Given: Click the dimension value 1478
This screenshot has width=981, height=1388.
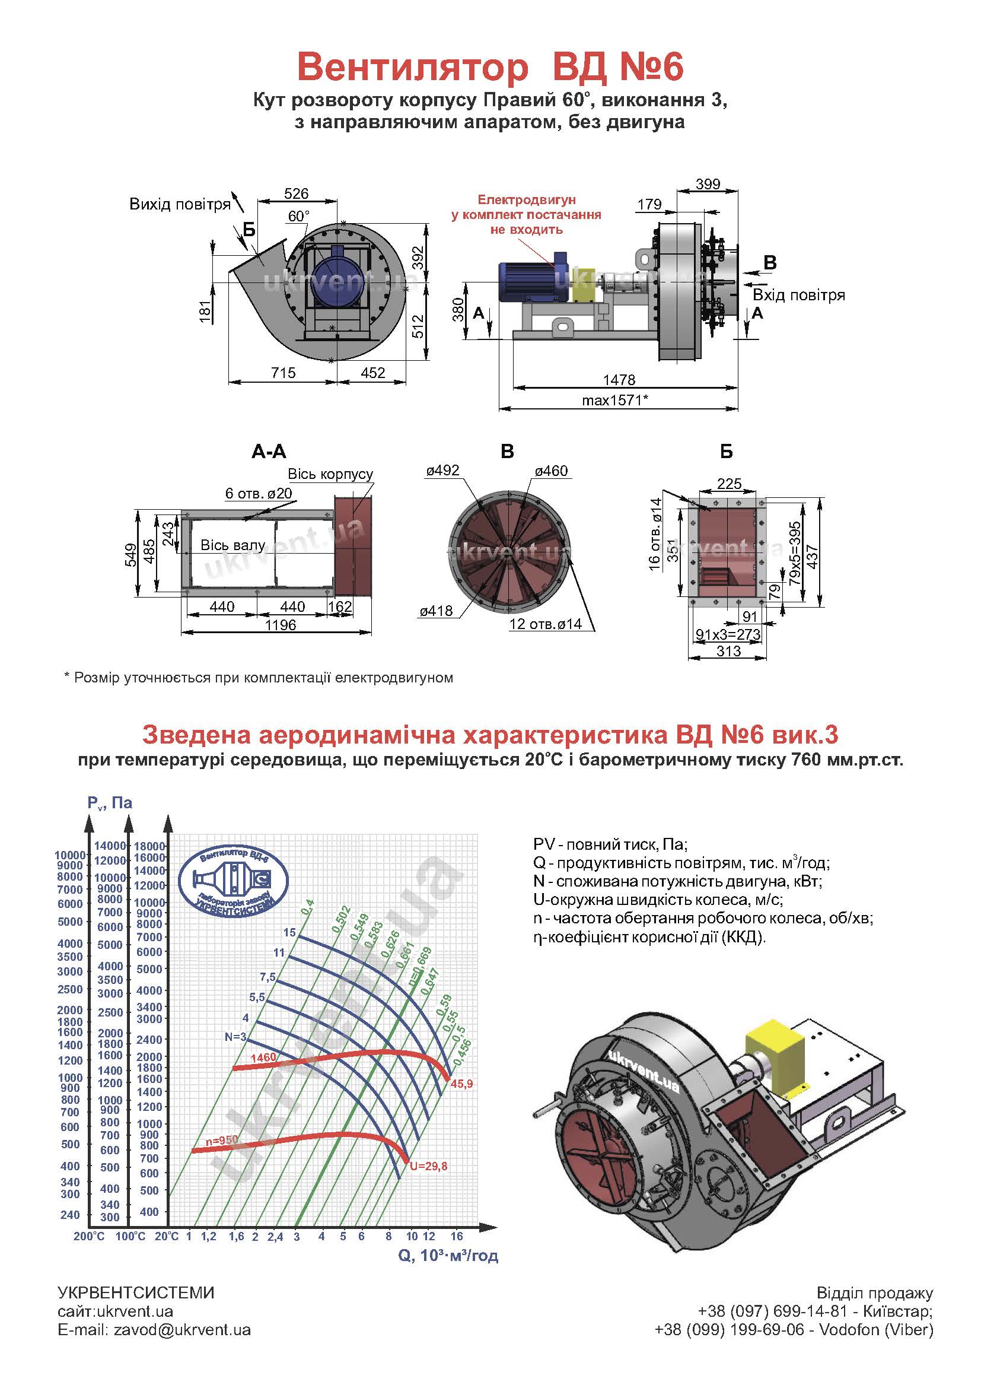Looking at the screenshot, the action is click(x=619, y=380).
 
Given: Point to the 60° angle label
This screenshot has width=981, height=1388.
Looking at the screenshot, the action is click(x=298, y=217).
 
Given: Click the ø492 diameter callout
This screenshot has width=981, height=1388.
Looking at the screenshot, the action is click(x=443, y=471).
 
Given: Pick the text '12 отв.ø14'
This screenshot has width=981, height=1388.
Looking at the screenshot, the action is click(x=546, y=624).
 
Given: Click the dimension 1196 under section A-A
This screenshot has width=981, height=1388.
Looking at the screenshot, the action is click(x=281, y=625).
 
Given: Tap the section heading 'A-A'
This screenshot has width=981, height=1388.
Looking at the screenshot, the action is click(x=269, y=452).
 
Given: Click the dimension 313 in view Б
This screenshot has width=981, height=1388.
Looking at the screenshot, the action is click(x=728, y=651).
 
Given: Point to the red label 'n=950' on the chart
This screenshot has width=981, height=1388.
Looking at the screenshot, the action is click(x=221, y=1139).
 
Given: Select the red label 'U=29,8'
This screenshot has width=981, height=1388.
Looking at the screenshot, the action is click(x=429, y=1166).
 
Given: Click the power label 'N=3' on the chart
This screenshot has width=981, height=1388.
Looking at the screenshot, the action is click(x=235, y=1037).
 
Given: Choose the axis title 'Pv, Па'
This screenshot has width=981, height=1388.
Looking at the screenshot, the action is click(x=109, y=803).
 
